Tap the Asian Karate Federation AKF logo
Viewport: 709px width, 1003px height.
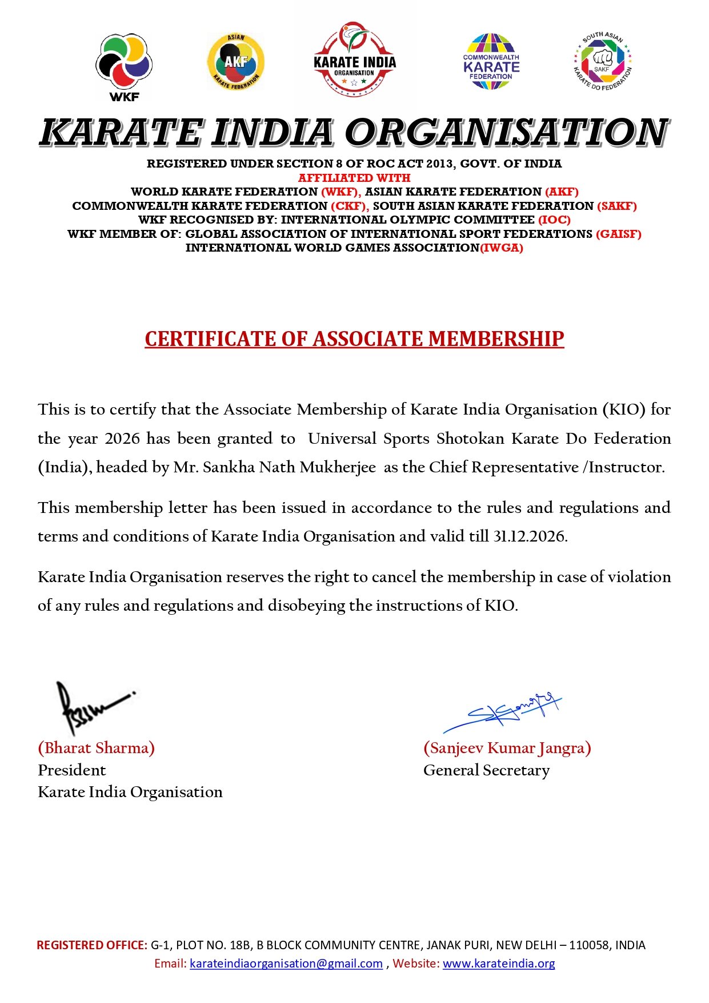pyautogui.click(x=235, y=62)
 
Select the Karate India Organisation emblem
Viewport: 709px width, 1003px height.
pyautogui.click(x=354, y=59)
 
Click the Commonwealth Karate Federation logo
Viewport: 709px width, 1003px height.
pyautogui.click(x=491, y=62)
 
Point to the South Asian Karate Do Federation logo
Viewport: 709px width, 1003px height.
pyautogui.click(x=602, y=61)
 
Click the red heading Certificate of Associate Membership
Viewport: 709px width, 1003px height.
pyautogui.click(x=354, y=339)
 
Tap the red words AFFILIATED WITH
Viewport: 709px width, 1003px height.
pyautogui.click(x=354, y=178)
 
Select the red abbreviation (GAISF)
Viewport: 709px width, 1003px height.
pyautogui.click(x=619, y=234)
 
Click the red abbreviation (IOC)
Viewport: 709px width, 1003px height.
pyautogui.click(x=554, y=220)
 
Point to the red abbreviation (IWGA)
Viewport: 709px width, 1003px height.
pyautogui.click(x=502, y=248)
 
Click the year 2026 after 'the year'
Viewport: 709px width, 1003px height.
pyautogui.click(x=122, y=439)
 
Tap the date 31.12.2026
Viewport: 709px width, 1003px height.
pyautogui.click(x=530, y=536)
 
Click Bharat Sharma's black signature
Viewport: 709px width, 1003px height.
pyautogui.click(x=91, y=707)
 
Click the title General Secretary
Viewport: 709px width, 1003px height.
pyautogui.click(x=486, y=770)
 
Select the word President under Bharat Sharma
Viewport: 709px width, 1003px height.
pyautogui.click(x=72, y=770)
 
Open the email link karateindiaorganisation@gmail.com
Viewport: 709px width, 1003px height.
pyautogui.click(x=286, y=964)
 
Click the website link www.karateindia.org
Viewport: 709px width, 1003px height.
pyautogui.click(x=499, y=964)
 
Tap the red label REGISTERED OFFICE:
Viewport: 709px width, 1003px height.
pyautogui.click(x=92, y=945)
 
